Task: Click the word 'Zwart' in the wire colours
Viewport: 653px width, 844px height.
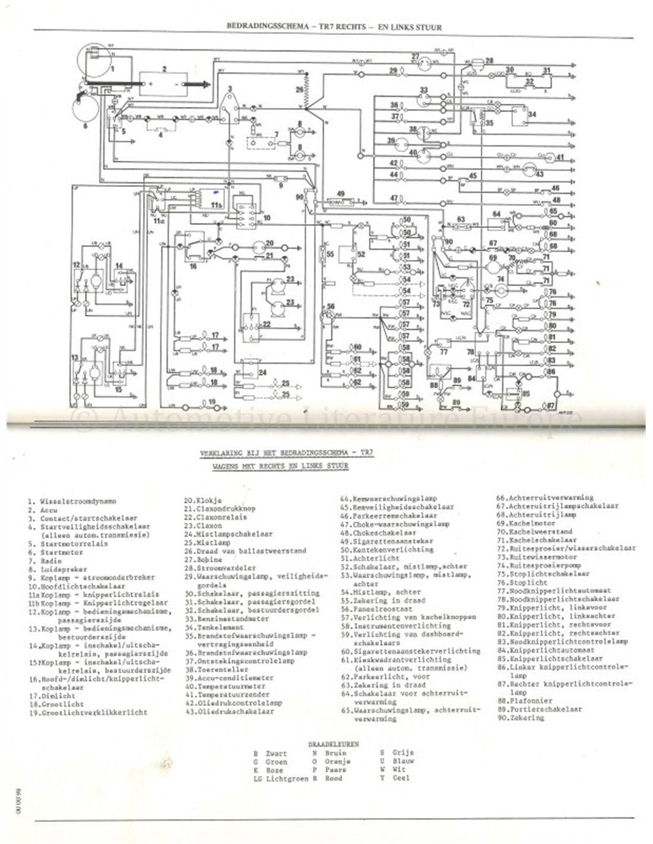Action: pyautogui.click(x=277, y=753)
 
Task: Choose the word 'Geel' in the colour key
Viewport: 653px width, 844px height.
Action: pyautogui.click(x=401, y=778)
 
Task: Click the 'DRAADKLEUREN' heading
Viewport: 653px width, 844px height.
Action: pyautogui.click(x=333, y=743)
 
